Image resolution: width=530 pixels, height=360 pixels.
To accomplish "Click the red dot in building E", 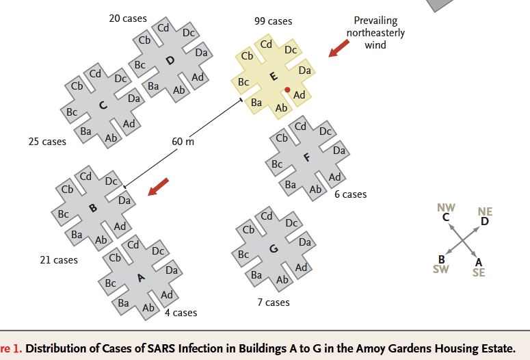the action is pos(287,90).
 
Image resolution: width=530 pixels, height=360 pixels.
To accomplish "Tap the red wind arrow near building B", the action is pos(158,187).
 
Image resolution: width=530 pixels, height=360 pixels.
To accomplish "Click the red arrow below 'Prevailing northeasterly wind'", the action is pos(339,49).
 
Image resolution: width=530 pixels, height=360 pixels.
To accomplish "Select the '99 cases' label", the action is pos(273,21).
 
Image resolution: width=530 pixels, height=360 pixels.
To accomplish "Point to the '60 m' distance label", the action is pos(183,142).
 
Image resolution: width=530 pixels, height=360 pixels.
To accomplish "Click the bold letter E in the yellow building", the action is pos(274,76).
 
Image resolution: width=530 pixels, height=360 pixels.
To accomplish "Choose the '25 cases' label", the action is pos(47,142).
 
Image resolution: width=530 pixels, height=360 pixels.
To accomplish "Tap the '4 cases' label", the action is pos(181,313).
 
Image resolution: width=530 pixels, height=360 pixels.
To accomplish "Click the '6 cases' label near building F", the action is pos(351,194).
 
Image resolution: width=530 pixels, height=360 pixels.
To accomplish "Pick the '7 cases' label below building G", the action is pos(274,302).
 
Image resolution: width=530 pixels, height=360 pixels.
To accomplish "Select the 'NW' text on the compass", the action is pos(446,207).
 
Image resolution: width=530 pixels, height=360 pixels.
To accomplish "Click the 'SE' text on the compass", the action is pos(479,272).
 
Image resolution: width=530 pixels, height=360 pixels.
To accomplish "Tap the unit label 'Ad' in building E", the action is pos(299,95).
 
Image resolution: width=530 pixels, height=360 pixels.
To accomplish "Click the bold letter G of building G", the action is pos(274,249).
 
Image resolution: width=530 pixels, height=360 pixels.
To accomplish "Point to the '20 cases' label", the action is pos(128,18).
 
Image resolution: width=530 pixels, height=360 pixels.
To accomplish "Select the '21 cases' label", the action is pos(59,260).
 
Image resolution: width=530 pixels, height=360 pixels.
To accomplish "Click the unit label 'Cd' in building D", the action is pos(163,27).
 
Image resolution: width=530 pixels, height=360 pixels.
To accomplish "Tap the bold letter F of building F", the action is pos(306,157).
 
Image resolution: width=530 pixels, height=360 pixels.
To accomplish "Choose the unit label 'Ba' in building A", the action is pos(123,303).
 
